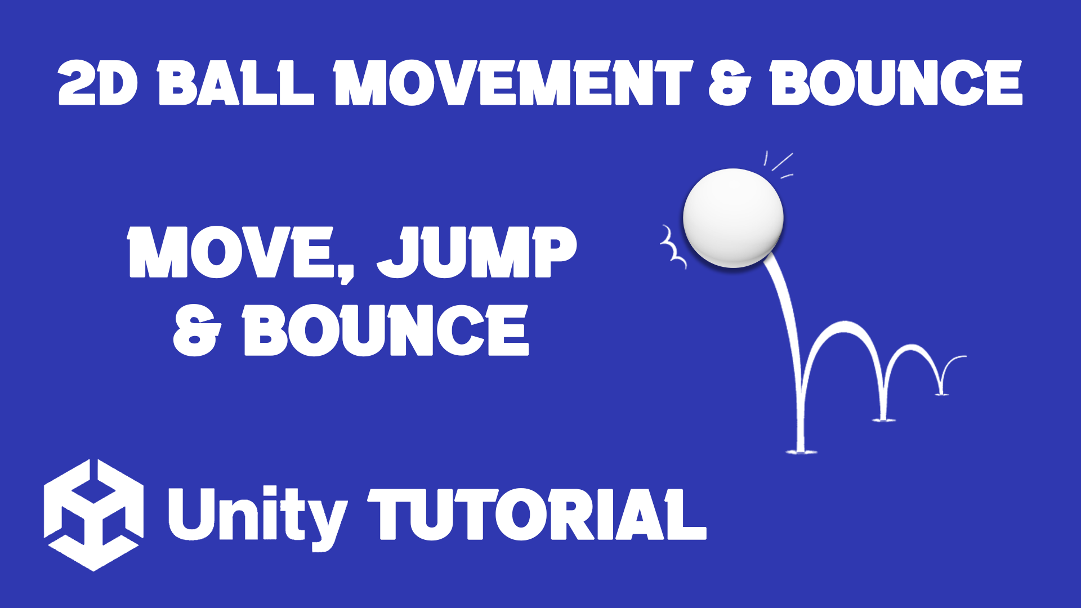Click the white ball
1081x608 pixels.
pos(733,217)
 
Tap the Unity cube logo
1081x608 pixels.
pos(93,515)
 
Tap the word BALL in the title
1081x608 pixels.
pos(235,83)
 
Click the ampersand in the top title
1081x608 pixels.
pos(729,83)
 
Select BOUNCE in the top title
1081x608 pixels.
pos(896,83)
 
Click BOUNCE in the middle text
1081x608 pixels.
pos(386,330)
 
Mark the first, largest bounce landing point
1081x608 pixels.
pos(801,451)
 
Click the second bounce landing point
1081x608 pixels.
pos(883,419)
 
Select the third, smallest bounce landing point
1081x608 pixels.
pos(941,394)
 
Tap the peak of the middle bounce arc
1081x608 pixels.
pos(845,325)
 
